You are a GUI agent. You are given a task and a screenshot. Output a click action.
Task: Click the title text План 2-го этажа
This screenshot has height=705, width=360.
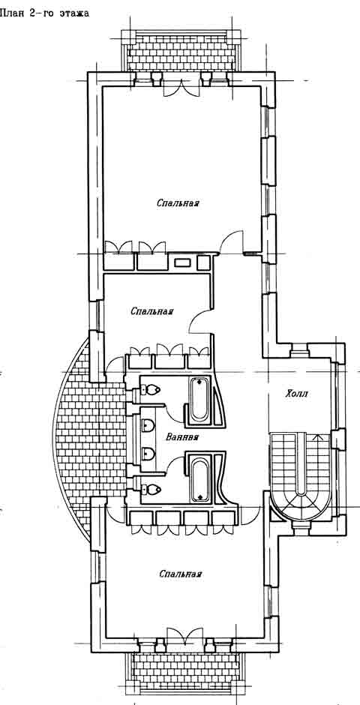click(44, 13)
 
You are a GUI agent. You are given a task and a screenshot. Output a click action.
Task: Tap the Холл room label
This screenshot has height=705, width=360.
click(298, 394)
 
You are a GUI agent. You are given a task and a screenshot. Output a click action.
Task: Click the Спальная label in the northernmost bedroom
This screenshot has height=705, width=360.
click(178, 203)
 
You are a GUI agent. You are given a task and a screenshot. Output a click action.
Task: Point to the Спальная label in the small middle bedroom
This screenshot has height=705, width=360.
click(152, 311)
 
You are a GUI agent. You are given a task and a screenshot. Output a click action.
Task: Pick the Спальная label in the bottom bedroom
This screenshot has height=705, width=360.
click(180, 574)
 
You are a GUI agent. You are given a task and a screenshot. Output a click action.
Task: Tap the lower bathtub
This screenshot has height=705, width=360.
click(199, 478)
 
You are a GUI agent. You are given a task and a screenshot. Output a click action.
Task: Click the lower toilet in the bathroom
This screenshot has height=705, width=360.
click(151, 487)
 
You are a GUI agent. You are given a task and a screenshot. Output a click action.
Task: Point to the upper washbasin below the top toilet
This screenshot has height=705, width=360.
click(148, 424)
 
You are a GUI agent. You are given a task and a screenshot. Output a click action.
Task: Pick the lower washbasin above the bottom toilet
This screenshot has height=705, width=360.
click(148, 454)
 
